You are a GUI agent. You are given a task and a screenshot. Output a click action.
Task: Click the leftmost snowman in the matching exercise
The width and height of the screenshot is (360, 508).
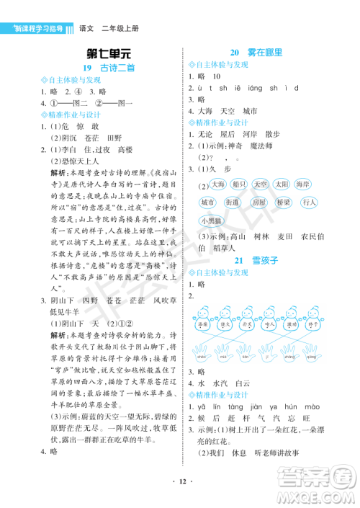(202, 318)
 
